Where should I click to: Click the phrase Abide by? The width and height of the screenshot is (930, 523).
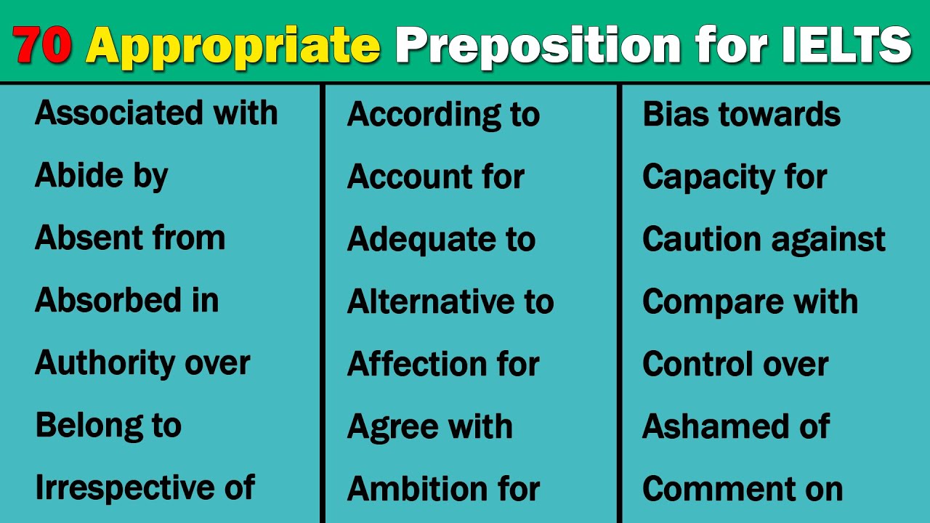pos(101,176)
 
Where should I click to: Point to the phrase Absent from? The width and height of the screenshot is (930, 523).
pos(130,238)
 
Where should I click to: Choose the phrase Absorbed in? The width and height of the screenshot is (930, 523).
pos(126,301)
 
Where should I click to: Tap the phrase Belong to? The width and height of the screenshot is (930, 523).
pos(108,426)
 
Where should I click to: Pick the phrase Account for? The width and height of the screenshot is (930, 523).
pos(436,177)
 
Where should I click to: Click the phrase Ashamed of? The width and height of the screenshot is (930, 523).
pos(735,426)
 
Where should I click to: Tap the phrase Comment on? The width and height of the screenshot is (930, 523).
pos(743,489)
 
